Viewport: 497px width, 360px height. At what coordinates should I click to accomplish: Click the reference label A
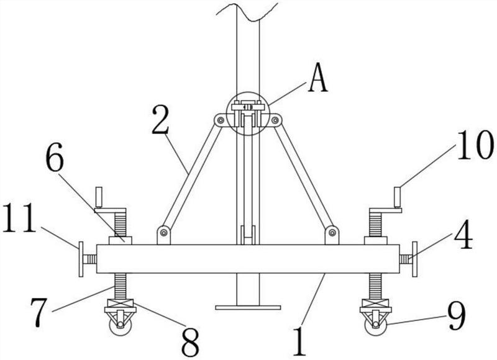317,80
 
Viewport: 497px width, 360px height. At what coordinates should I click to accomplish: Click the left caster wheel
119,325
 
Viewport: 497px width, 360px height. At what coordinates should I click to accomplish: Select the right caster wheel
376,325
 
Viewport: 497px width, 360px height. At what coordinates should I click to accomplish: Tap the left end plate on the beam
81,259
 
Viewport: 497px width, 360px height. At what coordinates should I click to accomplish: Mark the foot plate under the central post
248,307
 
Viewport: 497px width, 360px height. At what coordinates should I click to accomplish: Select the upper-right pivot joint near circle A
276,120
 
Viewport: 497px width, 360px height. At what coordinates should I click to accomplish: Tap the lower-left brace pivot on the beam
164,233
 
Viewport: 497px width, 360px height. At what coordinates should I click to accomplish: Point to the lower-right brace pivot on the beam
333,233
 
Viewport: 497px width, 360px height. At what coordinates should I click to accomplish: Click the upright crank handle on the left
98,198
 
